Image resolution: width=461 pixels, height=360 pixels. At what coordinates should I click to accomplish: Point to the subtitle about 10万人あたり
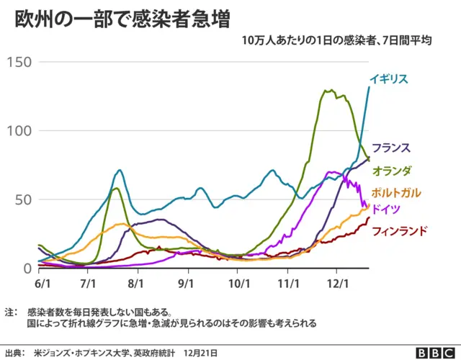[x=336, y=41]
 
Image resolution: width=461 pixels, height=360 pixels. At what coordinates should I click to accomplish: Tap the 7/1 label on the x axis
[x=89, y=283]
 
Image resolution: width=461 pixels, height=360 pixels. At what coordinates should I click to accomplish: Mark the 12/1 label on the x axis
[x=337, y=283]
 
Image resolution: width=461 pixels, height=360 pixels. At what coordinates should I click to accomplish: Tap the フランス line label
[x=391, y=148]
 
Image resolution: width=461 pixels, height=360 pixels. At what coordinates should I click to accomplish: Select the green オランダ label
[x=392, y=171]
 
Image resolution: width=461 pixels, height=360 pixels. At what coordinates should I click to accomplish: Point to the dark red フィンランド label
[x=399, y=231]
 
